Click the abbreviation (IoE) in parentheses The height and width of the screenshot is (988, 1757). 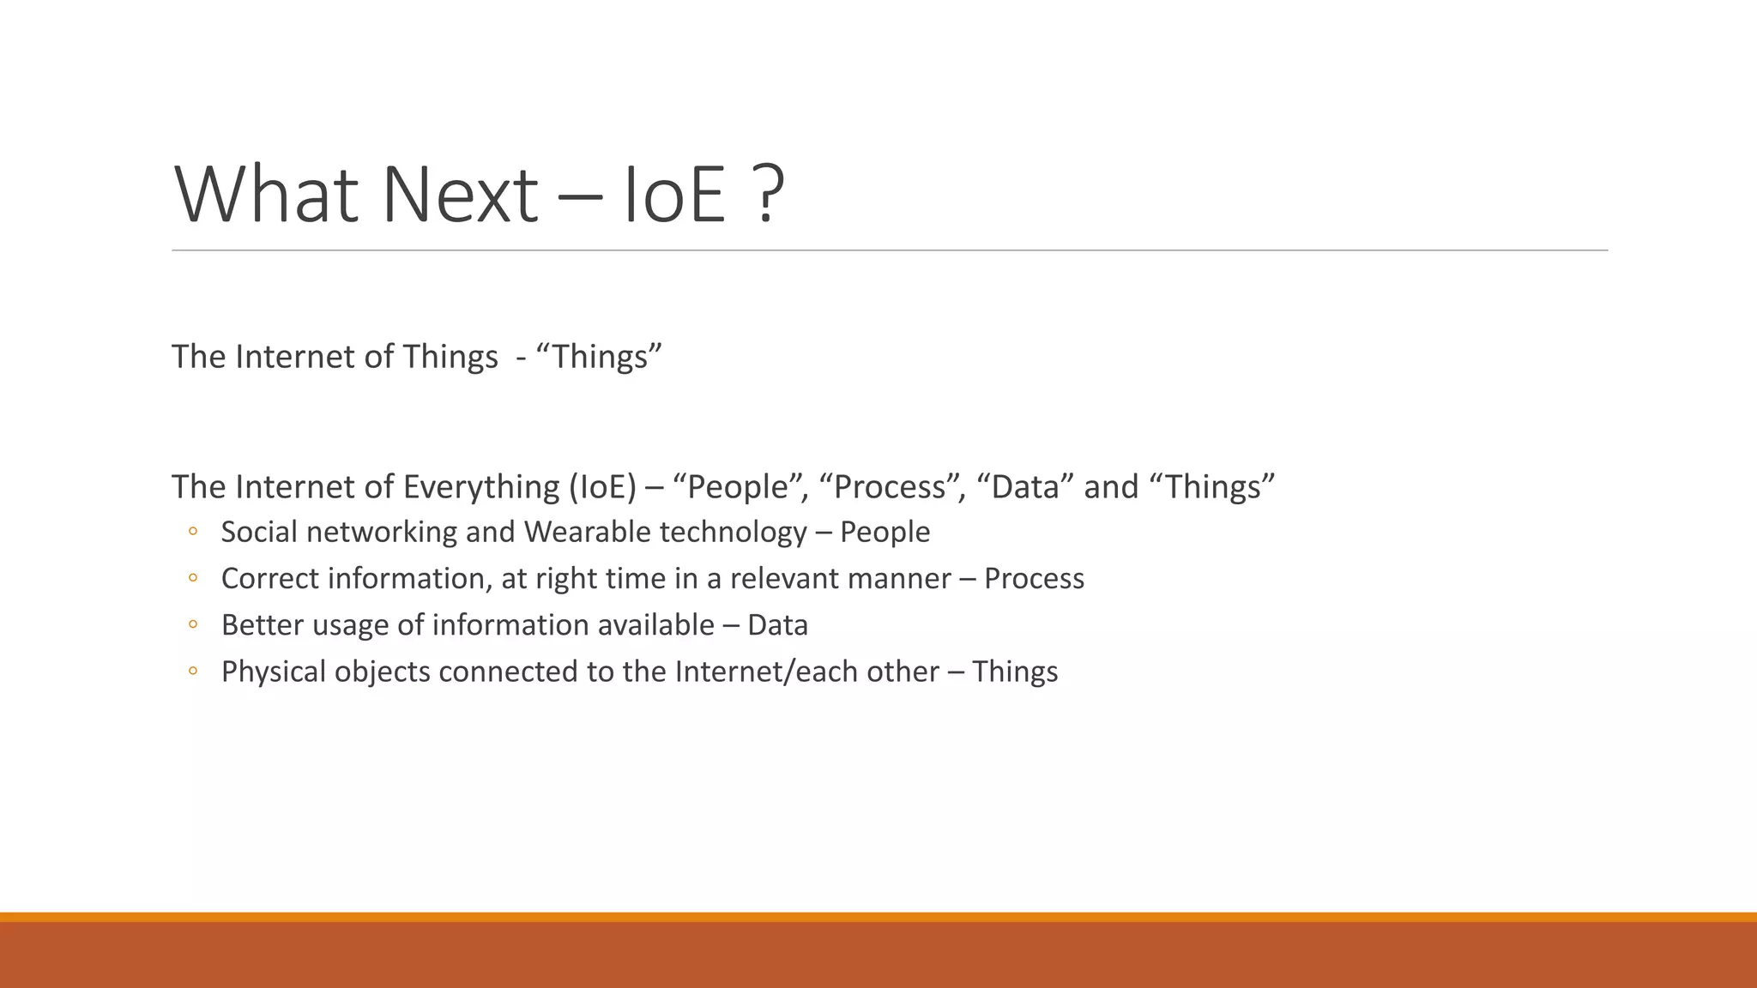(x=602, y=487)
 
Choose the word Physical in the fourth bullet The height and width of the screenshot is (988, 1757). (x=274, y=672)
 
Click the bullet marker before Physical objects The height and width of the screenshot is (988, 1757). (x=193, y=672)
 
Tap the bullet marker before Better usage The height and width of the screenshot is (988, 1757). (x=193, y=625)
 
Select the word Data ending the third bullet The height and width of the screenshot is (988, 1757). (x=777, y=625)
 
